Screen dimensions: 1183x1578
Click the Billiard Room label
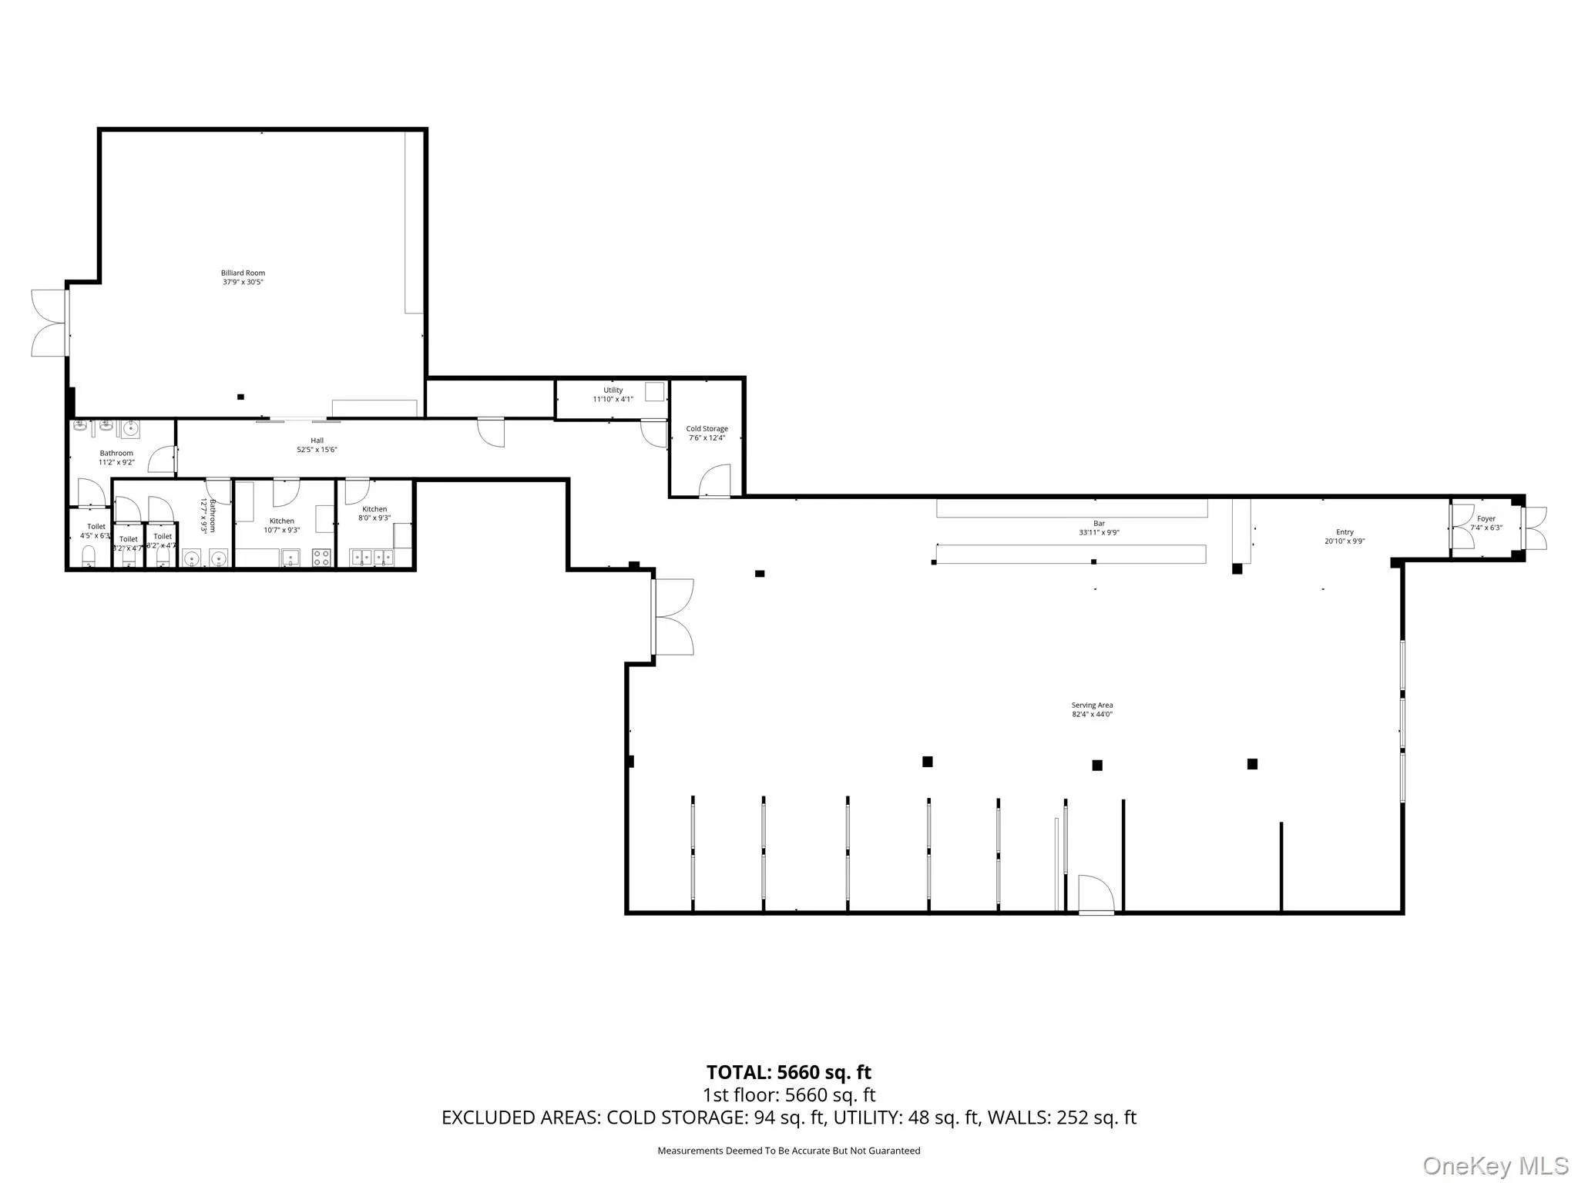coord(243,273)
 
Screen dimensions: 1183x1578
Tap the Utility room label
coord(613,390)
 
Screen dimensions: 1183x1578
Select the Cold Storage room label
coord(707,429)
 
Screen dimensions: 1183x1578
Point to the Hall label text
coord(317,441)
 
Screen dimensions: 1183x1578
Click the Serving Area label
coord(1092,705)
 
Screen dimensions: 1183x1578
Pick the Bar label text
coord(1099,524)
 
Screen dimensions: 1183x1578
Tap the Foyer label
coord(1486,519)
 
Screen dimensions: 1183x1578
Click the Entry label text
coord(1345,532)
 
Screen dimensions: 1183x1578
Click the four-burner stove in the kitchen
coord(321,558)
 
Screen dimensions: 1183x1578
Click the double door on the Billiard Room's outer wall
coord(48,323)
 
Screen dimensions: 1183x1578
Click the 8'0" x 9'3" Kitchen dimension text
coord(374,518)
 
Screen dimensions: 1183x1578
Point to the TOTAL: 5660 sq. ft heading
coord(788,1072)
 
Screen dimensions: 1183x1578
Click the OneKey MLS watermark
coord(1495,1165)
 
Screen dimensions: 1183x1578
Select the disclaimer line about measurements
coord(788,1151)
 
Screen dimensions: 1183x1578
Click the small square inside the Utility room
coord(654,391)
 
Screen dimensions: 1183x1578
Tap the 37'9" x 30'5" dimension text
coord(243,283)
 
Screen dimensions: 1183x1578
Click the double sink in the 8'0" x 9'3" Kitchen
coord(372,557)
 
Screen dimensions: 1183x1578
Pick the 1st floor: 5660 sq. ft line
coord(788,1095)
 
